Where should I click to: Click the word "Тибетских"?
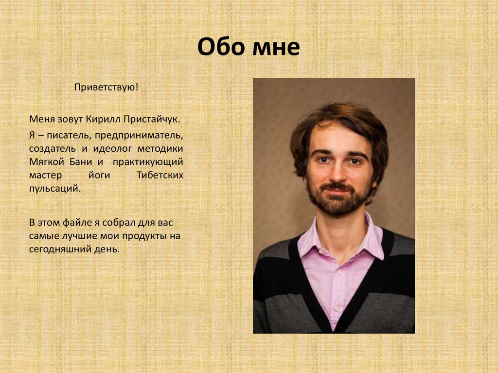tap(160, 175)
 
